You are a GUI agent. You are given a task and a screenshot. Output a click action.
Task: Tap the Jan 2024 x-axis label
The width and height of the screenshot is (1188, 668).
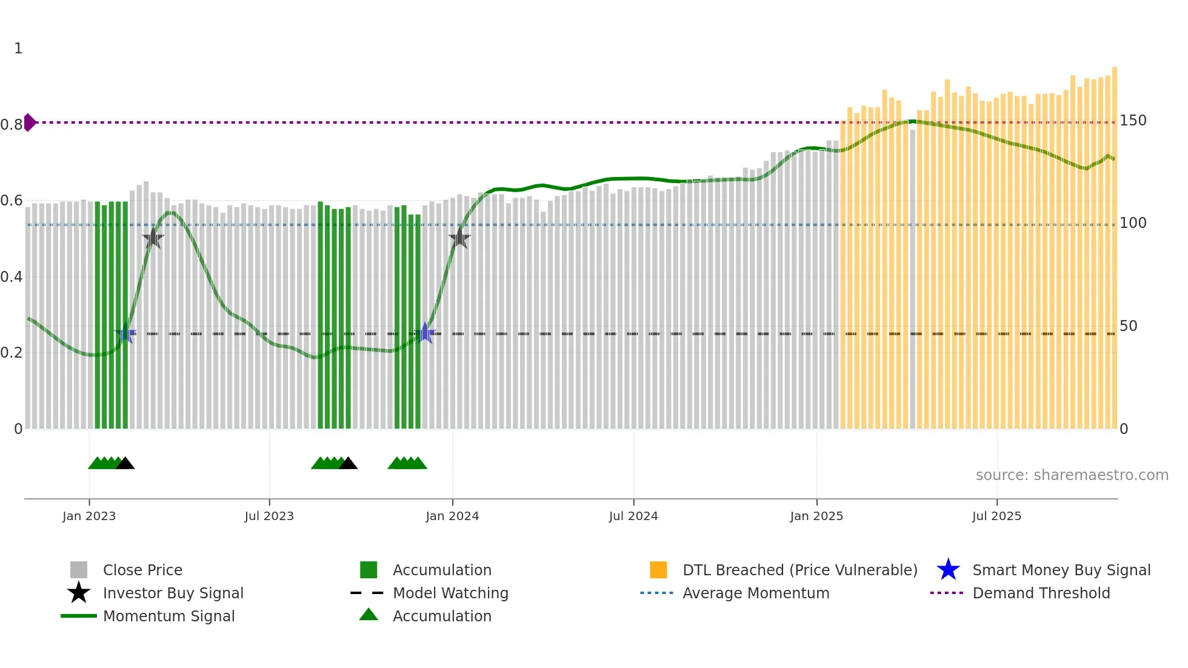coord(452,516)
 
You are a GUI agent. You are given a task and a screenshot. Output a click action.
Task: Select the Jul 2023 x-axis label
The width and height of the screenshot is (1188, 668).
coord(269,516)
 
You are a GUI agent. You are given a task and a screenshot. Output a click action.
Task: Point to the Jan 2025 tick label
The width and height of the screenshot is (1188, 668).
coord(816,516)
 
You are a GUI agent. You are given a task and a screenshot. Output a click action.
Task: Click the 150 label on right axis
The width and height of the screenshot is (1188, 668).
coord(1132,121)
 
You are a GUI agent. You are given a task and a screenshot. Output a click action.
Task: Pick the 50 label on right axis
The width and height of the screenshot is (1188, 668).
coord(1128,326)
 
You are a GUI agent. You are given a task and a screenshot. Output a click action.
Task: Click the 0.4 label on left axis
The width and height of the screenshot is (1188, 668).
coord(12,277)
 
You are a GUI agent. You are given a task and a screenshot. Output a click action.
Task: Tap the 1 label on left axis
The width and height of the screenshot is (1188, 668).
coord(18,48)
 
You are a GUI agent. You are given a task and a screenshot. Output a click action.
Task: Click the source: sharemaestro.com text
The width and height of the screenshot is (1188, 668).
coord(1072,475)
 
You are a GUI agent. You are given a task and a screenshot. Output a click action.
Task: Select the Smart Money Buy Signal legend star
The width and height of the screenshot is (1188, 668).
coord(948,570)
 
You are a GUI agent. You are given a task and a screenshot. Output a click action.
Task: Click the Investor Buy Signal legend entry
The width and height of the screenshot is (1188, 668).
coord(173,593)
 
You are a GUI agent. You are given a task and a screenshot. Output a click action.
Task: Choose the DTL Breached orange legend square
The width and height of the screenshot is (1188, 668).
coord(658,570)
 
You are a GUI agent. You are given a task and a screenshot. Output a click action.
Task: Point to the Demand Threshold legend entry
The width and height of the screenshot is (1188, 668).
coord(1041,593)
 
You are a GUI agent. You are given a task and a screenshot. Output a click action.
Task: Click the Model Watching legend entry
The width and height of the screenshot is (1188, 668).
coord(450,593)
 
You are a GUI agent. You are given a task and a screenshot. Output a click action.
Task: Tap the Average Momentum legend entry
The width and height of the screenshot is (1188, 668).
coord(755,593)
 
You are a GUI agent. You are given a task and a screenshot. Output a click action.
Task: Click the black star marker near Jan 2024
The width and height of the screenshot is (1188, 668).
coord(459,238)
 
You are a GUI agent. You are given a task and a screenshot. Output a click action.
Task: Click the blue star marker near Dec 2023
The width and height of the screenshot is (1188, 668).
coord(425,333)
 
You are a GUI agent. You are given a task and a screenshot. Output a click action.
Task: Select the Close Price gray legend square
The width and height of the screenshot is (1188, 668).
coord(79,570)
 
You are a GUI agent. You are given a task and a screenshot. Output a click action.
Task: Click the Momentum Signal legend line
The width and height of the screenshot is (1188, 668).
coord(79,616)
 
